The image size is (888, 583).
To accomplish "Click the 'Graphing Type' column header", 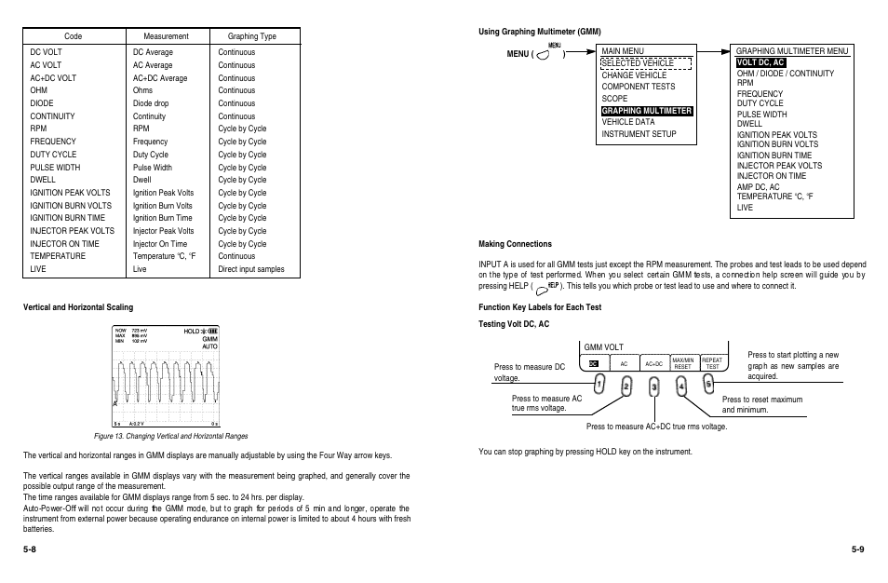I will click(x=252, y=36).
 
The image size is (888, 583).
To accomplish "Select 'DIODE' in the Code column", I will click(x=42, y=103).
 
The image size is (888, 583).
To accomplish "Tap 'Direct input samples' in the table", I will click(x=251, y=269).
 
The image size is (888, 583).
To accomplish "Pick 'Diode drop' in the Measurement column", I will click(x=151, y=103).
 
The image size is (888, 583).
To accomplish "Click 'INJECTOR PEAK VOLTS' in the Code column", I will click(x=73, y=231).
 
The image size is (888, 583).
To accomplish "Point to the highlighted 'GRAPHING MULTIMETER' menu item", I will click(x=647, y=111).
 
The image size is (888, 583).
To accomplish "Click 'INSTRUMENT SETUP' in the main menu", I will click(x=639, y=134).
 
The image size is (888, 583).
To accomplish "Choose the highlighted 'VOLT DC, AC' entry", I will click(x=760, y=62).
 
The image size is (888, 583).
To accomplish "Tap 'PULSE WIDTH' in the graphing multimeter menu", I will click(x=761, y=115).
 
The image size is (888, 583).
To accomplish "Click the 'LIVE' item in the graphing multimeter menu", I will click(x=745, y=208).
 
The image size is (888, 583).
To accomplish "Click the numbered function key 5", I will click(x=708, y=382).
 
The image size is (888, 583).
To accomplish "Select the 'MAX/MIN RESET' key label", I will click(x=682, y=363).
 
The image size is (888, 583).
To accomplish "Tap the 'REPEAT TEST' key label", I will click(x=712, y=363).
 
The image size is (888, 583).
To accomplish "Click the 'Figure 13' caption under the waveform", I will click(x=170, y=436).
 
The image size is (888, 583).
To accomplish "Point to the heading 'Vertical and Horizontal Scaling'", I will click(x=78, y=307).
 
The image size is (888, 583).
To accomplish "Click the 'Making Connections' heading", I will click(x=515, y=244).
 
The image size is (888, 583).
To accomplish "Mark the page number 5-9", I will click(x=857, y=549).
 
